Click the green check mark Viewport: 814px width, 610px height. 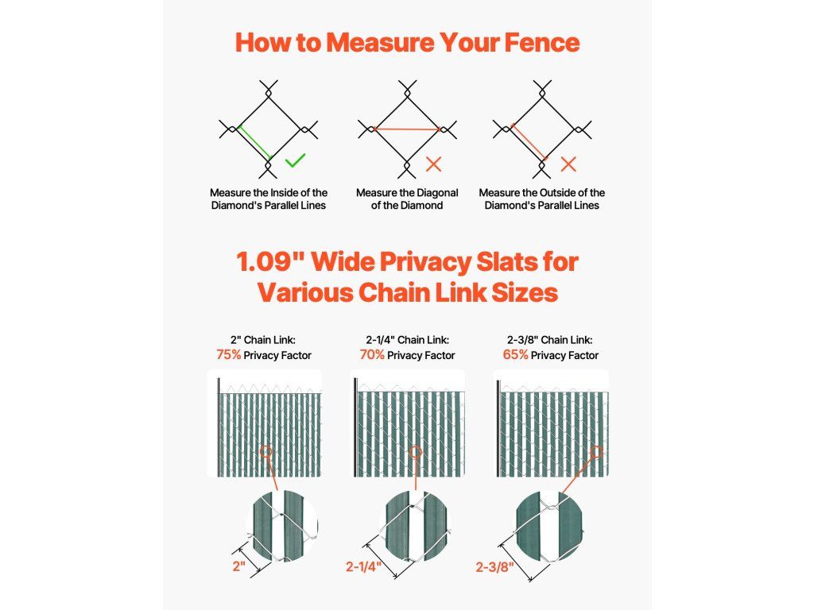pos(296,160)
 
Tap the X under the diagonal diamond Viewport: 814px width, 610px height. pos(433,164)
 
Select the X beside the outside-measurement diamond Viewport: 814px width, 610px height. pos(569,164)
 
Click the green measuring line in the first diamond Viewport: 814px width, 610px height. pos(255,142)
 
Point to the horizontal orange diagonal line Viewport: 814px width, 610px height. pos(406,129)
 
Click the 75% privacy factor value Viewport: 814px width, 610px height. pos(229,355)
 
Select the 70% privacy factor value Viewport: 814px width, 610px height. pos(372,355)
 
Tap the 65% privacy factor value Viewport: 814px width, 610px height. pos(515,355)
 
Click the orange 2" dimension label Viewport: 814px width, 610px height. pos(238,566)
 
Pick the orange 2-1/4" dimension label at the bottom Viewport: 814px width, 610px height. pos(364,566)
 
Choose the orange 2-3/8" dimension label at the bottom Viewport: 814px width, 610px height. pos(494,567)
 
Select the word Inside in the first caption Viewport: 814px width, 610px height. pos(284,193)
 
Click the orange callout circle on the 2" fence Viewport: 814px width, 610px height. pos(266,451)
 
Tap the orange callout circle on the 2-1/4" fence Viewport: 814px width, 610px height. pos(415,451)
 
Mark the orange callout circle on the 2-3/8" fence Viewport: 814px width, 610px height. pos(597,452)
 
